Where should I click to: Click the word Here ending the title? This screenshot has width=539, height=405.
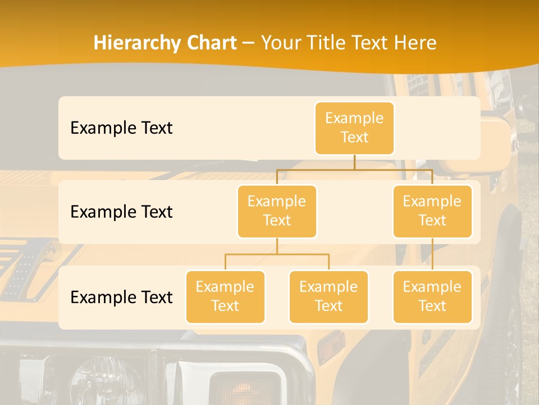[x=414, y=43]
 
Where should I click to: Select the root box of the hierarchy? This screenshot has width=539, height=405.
[x=354, y=128]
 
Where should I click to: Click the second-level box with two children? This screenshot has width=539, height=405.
[x=277, y=211]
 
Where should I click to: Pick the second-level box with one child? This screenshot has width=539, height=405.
[x=432, y=211]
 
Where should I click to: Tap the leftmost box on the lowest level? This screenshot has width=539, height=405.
[x=225, y=296]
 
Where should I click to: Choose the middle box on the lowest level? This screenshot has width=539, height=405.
[x=328, y=296]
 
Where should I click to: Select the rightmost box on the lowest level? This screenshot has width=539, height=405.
[x=432, y=296]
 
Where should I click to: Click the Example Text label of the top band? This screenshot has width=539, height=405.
[x=121, y=128]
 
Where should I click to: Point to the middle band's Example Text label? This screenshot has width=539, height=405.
[x=121, y=212]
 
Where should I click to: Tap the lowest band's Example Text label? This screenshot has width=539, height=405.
[x=121, y=298]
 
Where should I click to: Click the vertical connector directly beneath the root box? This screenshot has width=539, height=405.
[x=354, y=162]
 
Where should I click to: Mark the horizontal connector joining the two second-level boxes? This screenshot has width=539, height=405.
[x=354, y=169]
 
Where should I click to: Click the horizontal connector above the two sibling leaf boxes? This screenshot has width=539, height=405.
[x=277, y=254]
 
